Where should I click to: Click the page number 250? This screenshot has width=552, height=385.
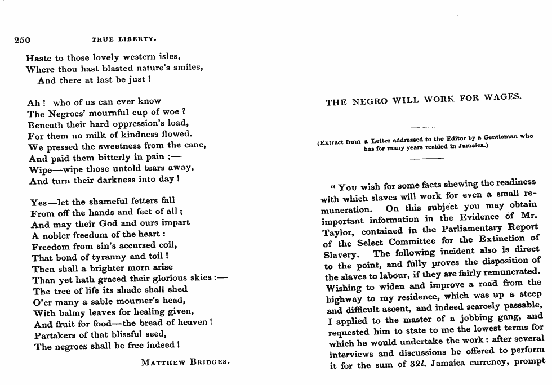(22, 39)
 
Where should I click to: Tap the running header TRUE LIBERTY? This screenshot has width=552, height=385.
(123, 39)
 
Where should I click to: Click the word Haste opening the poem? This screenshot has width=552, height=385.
(38, 57)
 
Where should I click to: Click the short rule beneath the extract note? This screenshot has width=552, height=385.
(427, 159)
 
